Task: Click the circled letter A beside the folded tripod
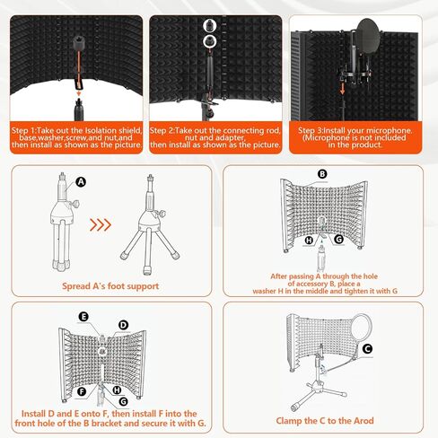(x=81, y=181)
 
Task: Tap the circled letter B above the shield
(x=322, y=174)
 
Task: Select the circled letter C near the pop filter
(x=367, y=348)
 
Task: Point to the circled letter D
(x=123, y=325)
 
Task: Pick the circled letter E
(x=83, y=317)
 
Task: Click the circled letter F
(x=82, y=391)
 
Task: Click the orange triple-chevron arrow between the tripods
(x=101, y=224)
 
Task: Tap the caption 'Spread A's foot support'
(x=110, y=286)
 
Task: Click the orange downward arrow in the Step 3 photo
(x=343, y=89)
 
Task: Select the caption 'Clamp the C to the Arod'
(x=325, y=421)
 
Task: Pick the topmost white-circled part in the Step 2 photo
(x=209, y=26)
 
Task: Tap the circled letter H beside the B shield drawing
(x=309, y=240)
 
